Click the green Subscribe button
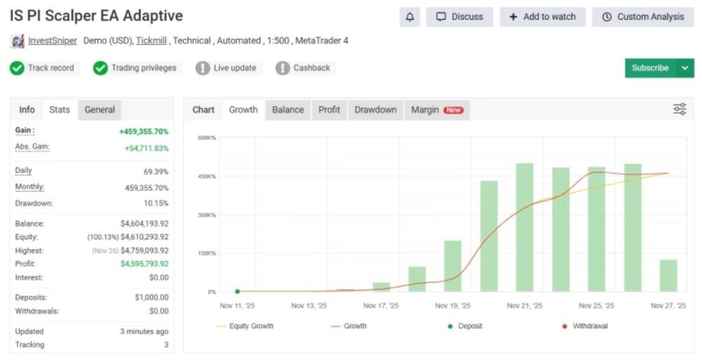coord(649,68)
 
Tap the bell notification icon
coord(409,17)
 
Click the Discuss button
coord(460,17)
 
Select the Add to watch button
coord(542,17)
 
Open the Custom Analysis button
coord(643,17)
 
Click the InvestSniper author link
coord(53,41)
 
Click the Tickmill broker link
coord(152,41)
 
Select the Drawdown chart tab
coord(376,109)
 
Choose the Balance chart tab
coord(288,109)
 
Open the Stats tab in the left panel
coord(60,109)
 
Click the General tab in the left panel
coord(100,109)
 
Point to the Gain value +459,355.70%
coord(144,131)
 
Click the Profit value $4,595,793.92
coord(145,264)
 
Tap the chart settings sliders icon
coord(680,109)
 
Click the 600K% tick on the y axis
coord(206,138)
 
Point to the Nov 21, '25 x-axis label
coord(524,306)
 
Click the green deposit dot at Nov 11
coord(237,291)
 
